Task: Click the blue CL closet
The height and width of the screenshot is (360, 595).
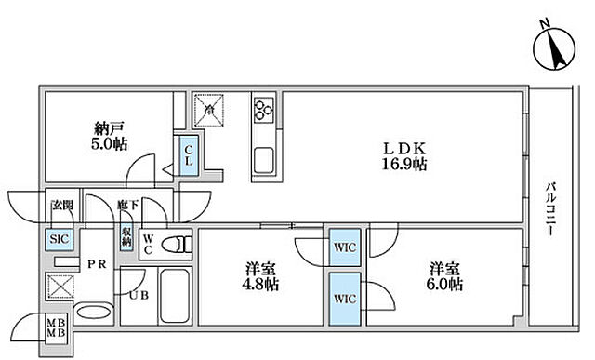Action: pos(188,154)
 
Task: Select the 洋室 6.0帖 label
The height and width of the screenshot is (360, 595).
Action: pos(443,279)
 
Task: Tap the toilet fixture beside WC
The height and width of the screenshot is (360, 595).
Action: pos(174,246)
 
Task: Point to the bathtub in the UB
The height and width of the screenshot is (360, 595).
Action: pos(173,297)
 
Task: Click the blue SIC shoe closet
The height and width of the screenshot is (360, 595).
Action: pos(58,239)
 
